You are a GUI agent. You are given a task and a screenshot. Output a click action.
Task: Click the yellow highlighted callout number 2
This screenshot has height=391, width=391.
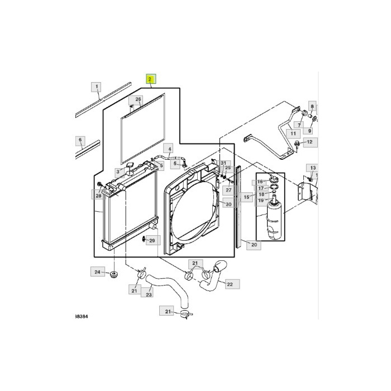[150, 79]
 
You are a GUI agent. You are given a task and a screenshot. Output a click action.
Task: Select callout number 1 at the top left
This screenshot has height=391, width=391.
[97, 87]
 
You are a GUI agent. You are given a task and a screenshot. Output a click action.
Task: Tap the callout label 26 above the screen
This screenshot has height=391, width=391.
[138, 100]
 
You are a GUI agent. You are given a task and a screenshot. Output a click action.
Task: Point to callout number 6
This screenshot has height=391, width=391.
[80, 140]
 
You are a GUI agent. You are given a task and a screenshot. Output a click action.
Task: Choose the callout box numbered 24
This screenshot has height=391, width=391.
[97, 272]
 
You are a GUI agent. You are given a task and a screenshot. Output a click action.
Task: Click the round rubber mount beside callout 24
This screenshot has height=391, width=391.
[114, 275]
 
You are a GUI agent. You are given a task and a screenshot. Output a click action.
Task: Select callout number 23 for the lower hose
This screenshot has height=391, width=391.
[149, 294]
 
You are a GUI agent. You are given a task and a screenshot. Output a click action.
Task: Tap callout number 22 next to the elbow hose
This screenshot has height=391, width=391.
[230, 284]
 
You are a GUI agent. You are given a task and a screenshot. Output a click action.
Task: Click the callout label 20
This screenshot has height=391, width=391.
[254, 245]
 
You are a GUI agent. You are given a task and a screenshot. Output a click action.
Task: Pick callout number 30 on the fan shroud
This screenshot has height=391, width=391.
[228, 204]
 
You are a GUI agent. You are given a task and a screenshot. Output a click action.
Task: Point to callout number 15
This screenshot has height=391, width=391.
[246, 198]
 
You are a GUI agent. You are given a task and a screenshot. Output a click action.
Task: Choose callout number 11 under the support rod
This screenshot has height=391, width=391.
[292, 133]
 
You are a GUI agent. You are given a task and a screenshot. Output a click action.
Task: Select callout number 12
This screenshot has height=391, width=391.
[311, 142]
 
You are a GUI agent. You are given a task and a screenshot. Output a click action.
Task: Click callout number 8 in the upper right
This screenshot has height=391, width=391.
[312, 106]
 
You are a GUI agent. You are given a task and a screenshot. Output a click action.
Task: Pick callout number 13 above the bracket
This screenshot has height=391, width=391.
[313, 168]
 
